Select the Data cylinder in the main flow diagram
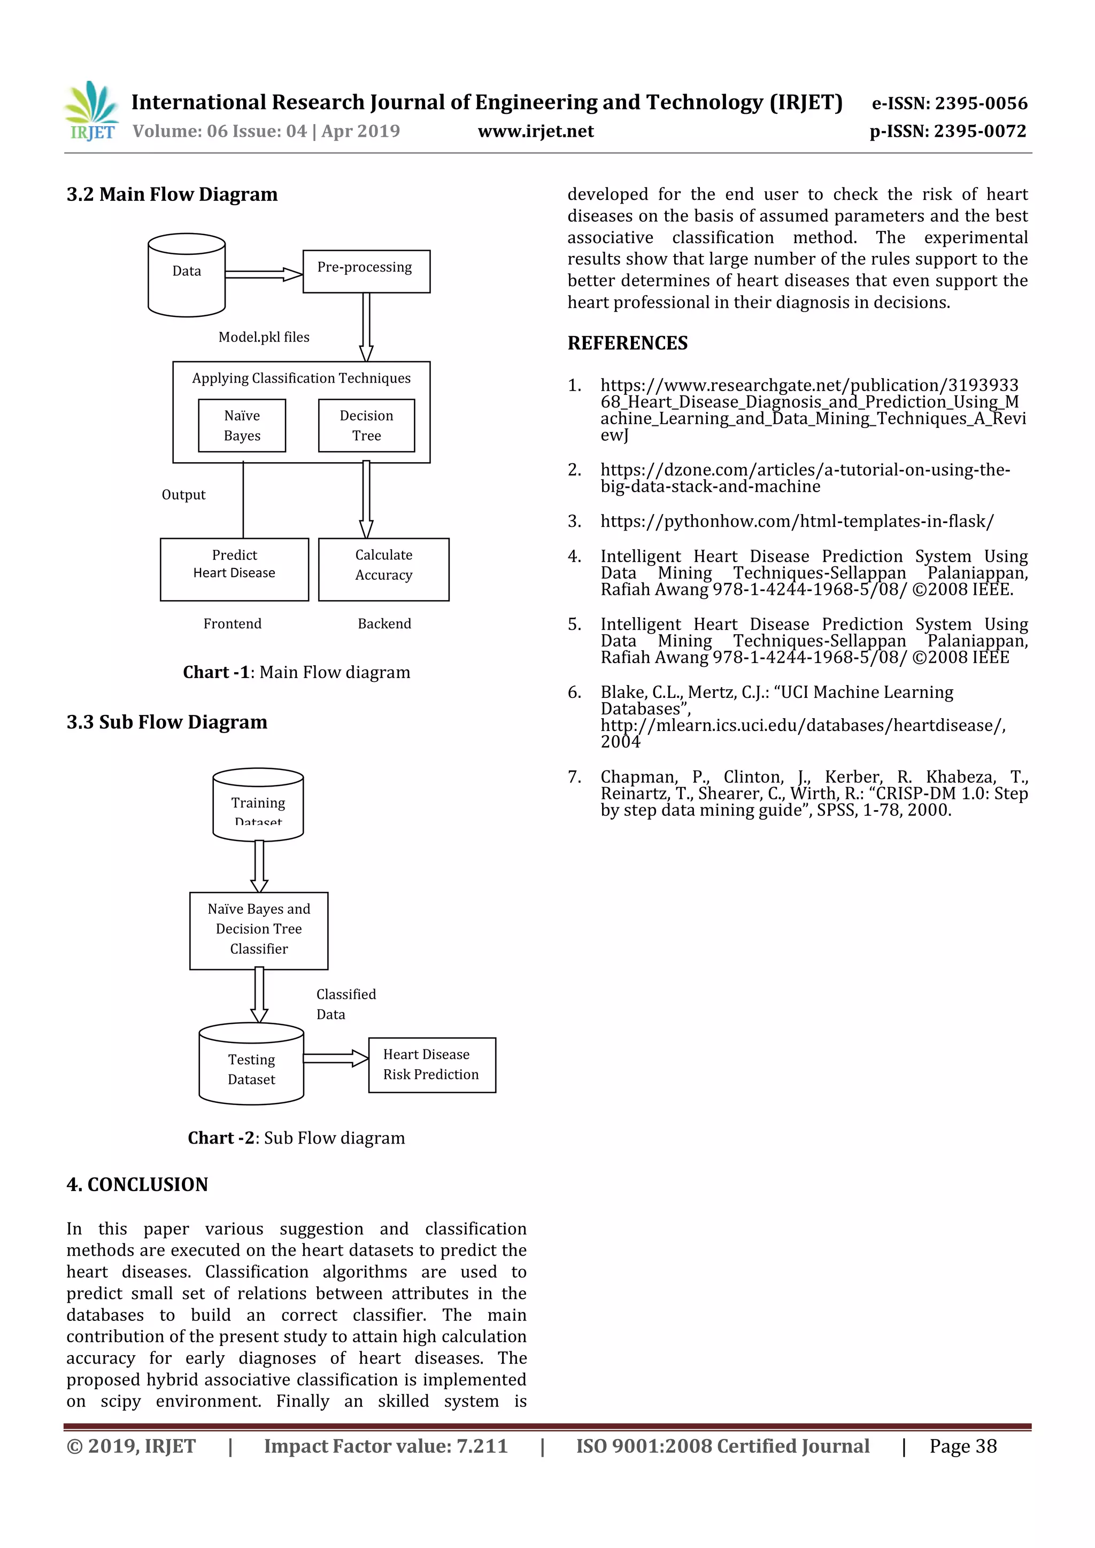(186, 275)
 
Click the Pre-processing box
(366, 271)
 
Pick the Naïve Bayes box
(242, 425)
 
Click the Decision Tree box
(366, 425)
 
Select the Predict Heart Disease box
(234, 569)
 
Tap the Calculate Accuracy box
(383, 569)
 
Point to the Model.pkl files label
(264, 337)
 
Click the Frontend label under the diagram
(232, 624)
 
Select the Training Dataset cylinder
(258, 804)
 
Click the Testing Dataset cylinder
(251, 1064)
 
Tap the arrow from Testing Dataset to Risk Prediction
(335, 1059)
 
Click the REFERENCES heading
(628, 343)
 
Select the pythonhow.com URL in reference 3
(797, 521)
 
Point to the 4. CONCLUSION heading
(137, 1185)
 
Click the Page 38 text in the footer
(963, 1445)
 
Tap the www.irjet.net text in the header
(536, 131)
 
